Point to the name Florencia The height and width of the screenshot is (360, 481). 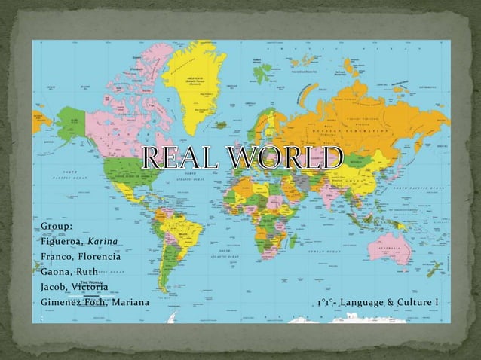click(93, 258)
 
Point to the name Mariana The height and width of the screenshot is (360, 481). click(129, 303)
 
